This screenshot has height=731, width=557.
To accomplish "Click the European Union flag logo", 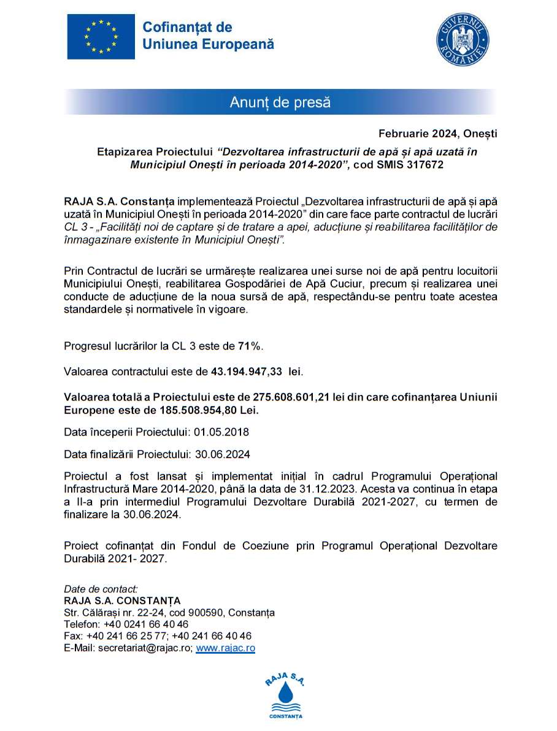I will [x=101, y=37].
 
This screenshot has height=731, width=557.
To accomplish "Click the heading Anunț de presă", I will [x=280, y=102].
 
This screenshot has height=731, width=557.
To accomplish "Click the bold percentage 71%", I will [x=250, y=346].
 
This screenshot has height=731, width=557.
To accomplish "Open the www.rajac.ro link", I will [x=225, y=648].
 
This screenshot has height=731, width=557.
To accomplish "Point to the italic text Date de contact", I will [x=101, y=589].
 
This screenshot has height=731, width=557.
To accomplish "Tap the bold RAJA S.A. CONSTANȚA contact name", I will [x=122, y=600].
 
